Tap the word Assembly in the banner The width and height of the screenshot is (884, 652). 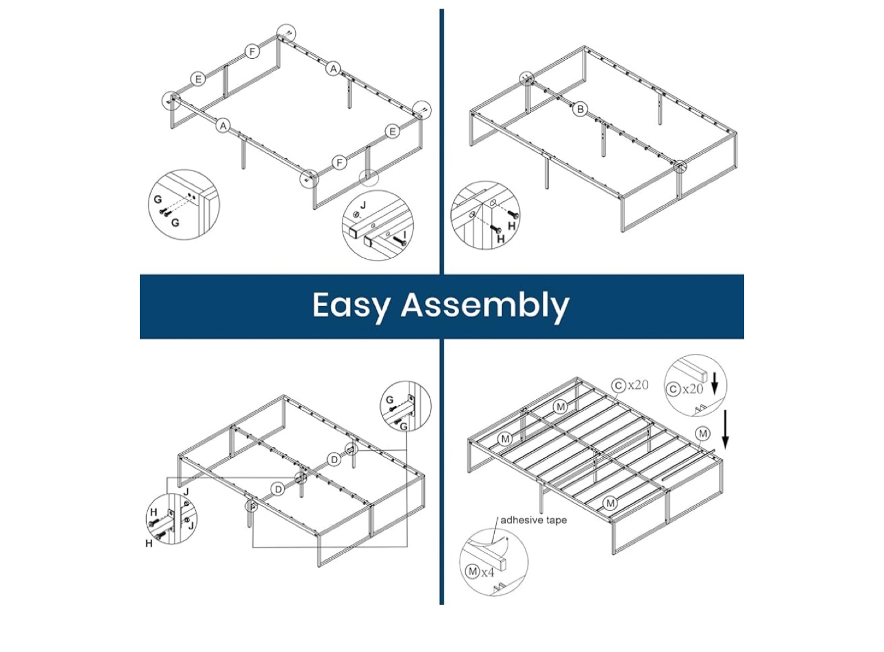pos(485,306)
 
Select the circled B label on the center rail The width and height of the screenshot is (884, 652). pos(580,109)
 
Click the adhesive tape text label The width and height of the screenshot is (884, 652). pos(533,520)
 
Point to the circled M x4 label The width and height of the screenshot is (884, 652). pos(480,572)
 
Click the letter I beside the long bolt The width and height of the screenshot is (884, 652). pos(405,234)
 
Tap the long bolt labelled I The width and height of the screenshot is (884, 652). pos(400,240)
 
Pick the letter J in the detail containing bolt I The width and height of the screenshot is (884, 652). pos(363,205)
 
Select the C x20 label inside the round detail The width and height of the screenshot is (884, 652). pos(684,389)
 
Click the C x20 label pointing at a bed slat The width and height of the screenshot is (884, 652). pos(630,385)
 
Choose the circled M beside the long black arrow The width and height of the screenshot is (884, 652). pos(703,434)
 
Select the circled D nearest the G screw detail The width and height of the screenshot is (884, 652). pos(334,460)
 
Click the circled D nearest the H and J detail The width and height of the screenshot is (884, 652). pos(278,489)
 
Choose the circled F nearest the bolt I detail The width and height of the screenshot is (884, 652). pos(339,163)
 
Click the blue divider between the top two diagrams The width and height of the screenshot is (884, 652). pos(441,142)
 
